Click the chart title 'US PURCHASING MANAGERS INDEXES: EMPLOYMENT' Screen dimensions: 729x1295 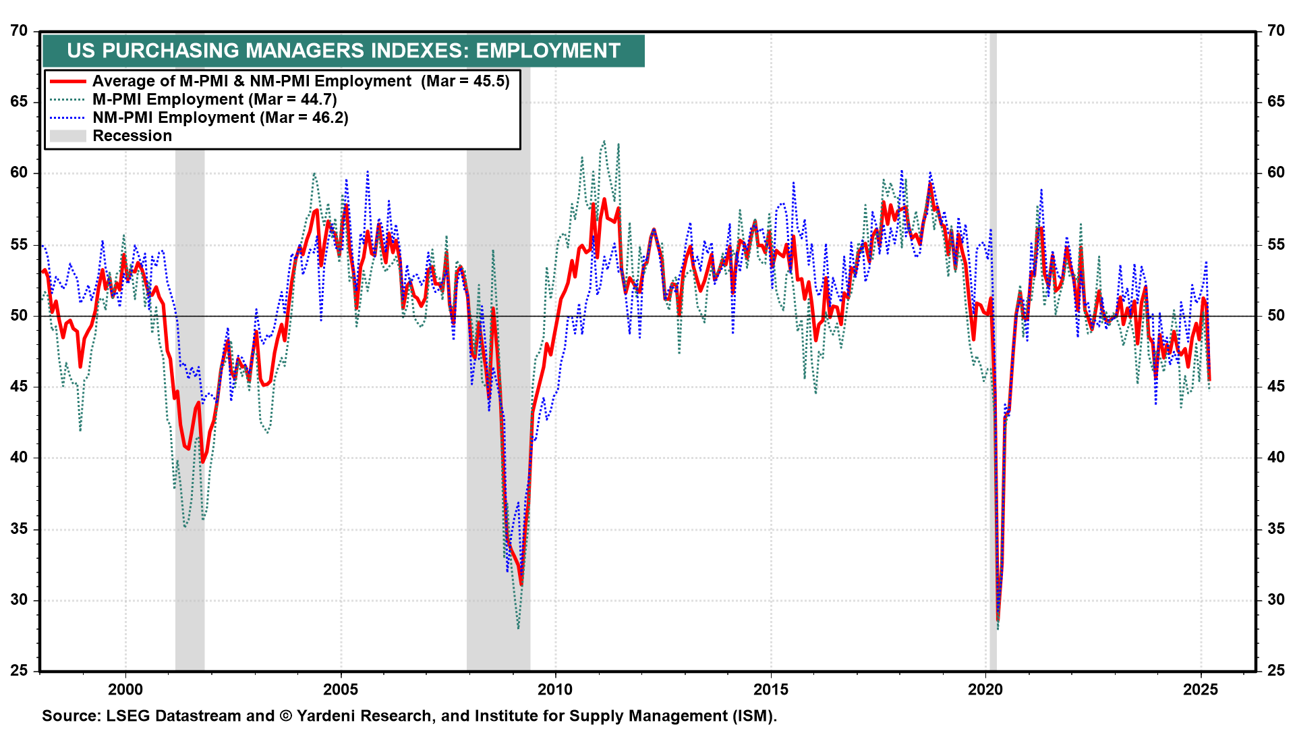coord(343,51)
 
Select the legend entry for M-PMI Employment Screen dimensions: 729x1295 coord(214,99)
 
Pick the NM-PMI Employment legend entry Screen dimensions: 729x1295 coord(220,117)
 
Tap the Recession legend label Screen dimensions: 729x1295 coord(132,136)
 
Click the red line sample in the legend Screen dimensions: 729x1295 coord(67,81)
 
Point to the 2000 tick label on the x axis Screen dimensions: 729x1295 coord(125,689)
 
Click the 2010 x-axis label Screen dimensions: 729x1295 coord(555,689)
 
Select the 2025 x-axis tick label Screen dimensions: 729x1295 coord(1201,689)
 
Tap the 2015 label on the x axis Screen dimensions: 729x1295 coord(770,689)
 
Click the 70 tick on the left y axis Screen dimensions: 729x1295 coord(19,31)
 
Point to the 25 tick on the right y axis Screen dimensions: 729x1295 coord(1276,670)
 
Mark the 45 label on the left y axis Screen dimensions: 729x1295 coord(19,386)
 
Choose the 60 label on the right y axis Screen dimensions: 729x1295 coord(1276,173)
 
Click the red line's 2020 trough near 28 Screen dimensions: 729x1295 coord(998,618)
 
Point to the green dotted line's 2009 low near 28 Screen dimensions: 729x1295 coord(518,627)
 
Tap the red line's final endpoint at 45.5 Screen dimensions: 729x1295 coord(1209,379)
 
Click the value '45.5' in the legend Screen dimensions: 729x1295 coord(491,81)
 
